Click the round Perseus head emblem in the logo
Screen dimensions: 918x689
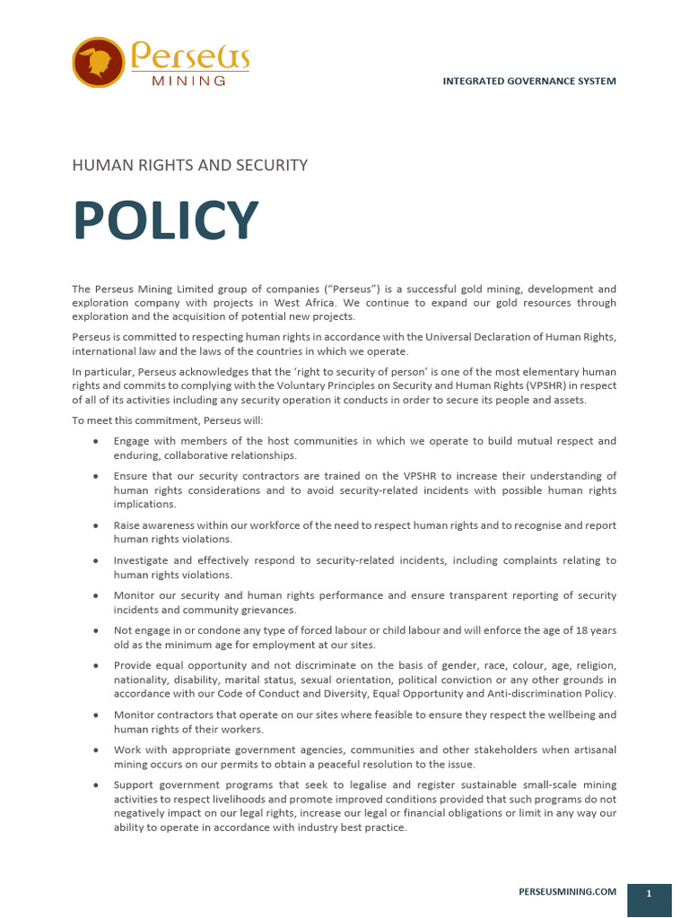[98, 62]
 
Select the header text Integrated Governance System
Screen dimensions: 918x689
[529, 82]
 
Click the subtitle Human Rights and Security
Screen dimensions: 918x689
[189, 165]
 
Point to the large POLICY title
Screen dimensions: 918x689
[165, 221]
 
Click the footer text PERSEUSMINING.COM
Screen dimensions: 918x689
[568, 891]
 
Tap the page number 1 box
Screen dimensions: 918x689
[649, 894]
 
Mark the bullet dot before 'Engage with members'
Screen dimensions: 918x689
[96, 442]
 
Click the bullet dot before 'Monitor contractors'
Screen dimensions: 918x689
[96, 715]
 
